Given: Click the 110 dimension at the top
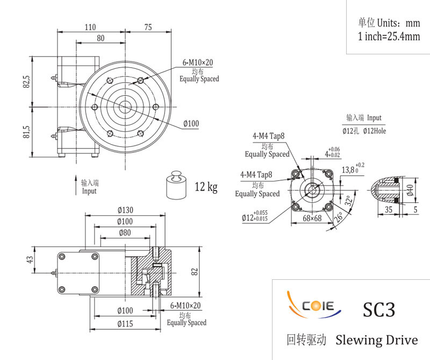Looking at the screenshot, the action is [90, 27].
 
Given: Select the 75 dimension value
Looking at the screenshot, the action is [148, 27].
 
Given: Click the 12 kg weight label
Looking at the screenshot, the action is [206, 187].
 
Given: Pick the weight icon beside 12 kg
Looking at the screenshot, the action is [176, 185].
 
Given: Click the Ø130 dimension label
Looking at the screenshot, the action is [125, 210].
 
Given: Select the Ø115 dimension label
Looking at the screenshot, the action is [125, 324].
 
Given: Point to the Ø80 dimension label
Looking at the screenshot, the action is [125, 233].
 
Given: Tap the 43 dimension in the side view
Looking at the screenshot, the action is [30, 259].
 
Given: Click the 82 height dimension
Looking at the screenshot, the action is [195, 272].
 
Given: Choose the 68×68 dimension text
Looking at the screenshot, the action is [312, 218].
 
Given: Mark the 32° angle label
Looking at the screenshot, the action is [348, 201].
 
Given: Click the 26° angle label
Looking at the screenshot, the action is [339, 217].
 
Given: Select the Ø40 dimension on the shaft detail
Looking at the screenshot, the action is [410, 190].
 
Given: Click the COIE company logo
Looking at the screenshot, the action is [313, 305].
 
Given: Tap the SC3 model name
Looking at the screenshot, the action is [379, 309].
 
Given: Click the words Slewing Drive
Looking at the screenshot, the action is [377, 340].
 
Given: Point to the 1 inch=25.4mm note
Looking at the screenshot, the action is [389, 36].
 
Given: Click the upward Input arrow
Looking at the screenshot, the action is [76, 185].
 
